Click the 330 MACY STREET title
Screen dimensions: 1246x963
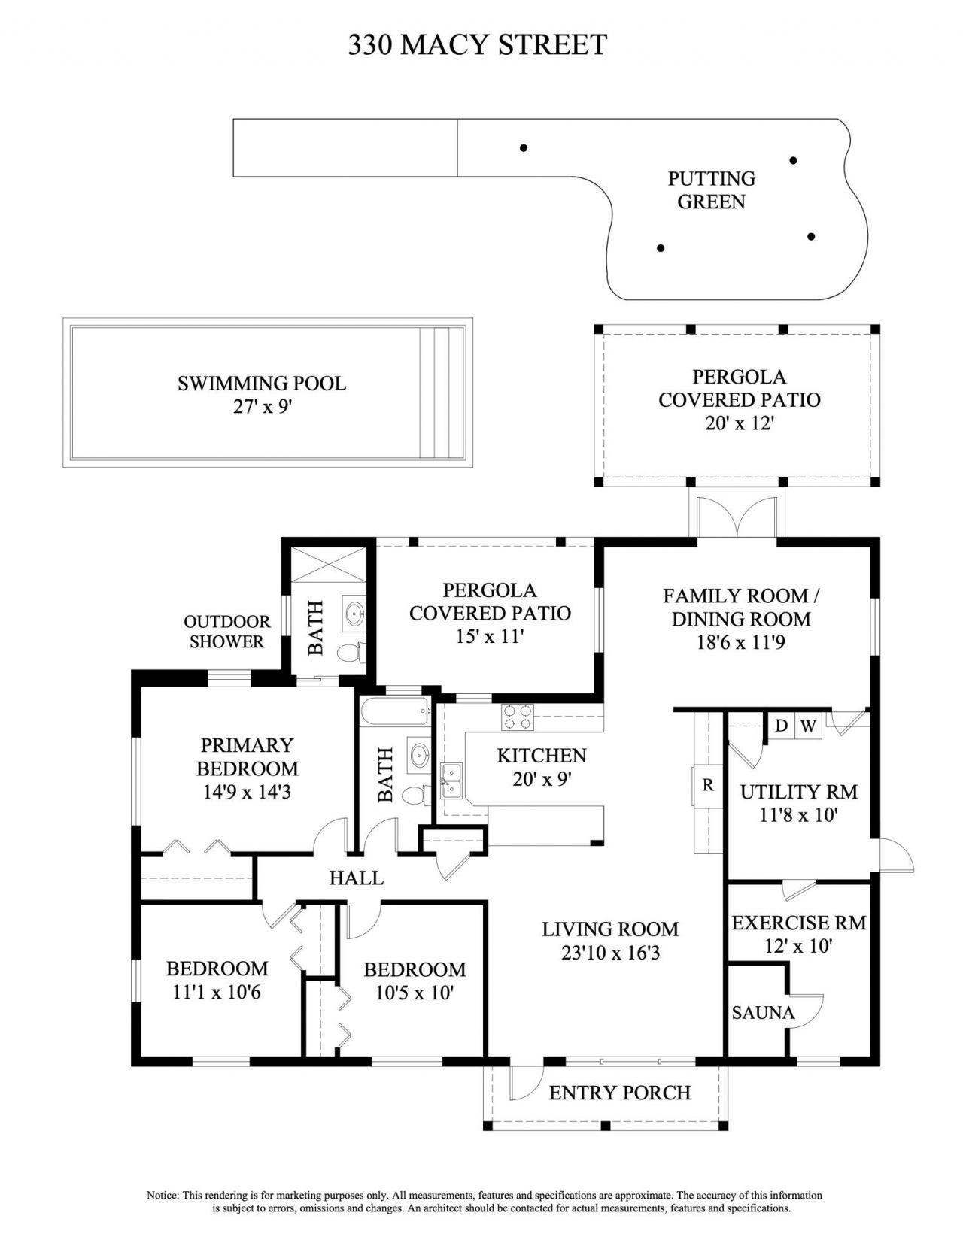477,45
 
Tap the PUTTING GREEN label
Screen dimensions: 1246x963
711,190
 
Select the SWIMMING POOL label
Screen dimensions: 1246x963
262,384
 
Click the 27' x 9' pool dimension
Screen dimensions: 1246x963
262,407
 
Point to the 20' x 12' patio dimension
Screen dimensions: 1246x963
740,423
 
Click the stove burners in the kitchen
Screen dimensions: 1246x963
518,716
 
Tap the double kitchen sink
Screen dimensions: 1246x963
452,781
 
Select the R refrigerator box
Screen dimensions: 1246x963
707,785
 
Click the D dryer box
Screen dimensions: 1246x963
782,726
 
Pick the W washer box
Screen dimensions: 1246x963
808,726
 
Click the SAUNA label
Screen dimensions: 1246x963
763,1013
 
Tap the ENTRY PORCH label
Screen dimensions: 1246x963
619,1093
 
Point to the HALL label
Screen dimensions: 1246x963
356,878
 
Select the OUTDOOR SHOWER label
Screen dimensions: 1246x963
226,632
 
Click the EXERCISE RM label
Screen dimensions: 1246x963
798,923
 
